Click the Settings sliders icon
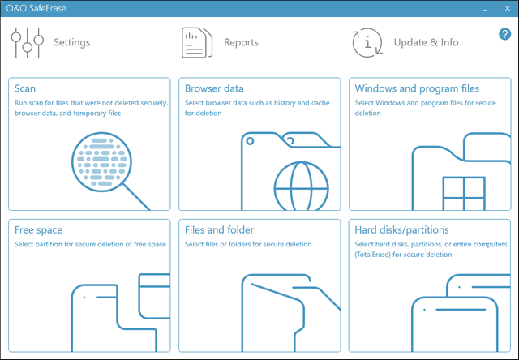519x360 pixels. click(x=26, y=42)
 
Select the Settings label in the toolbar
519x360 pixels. click(x=71, y=42)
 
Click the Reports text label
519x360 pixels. click(x=241, y=42)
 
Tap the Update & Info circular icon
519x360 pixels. click(x=367, y=42)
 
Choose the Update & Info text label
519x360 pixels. click(x=426, y=42)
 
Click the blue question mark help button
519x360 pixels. click(x=504, y=34)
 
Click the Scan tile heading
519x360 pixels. click(x=25, y=88)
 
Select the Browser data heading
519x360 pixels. click(x=214, y=88)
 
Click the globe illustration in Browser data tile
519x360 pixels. click(x=300, y=185)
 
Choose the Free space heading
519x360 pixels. click(x=38, y=230)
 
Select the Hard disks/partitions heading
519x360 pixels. click(x=402, y=230)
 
